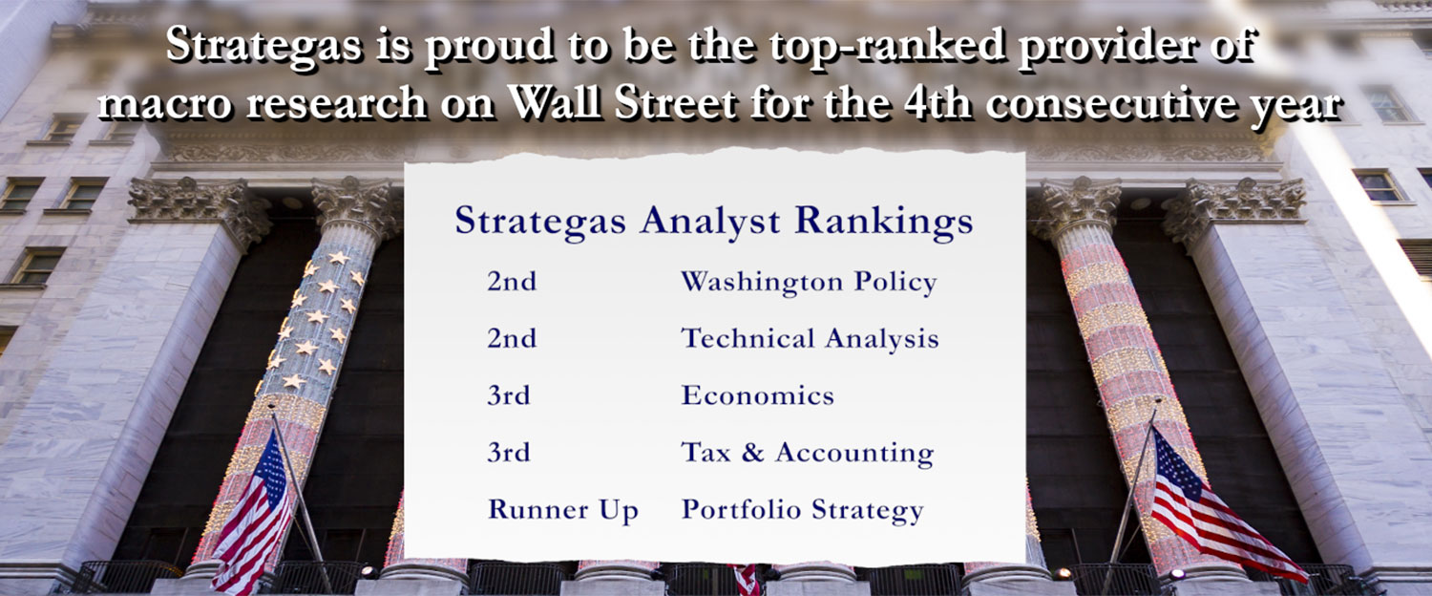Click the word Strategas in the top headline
point(263,46)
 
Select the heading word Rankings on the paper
point(883,223)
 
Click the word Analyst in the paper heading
point(709,223)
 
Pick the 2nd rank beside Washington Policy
point(512,282)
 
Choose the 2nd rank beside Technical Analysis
point(512,338)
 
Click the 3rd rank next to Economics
point(509,395)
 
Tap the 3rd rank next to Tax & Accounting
point(509,452)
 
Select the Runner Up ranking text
point(563,511)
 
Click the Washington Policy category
point(809,283)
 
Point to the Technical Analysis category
point(810,339)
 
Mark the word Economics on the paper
point(758,395)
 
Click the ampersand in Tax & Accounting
point(752,453)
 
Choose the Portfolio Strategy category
point(802,511)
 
